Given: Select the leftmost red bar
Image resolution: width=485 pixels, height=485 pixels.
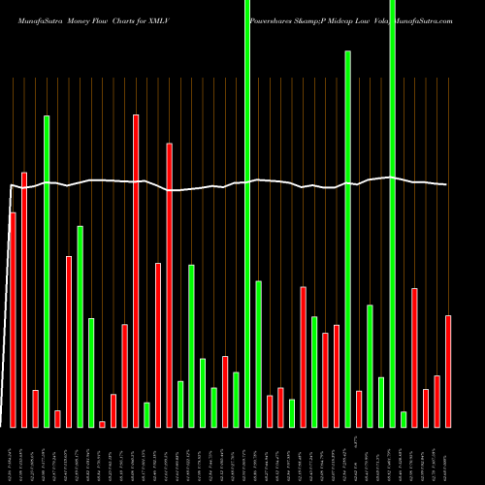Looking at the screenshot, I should point(13,319).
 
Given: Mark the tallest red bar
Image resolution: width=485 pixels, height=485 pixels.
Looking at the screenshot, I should point(136,271).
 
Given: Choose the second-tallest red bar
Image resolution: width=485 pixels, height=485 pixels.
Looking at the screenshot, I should point(170,285).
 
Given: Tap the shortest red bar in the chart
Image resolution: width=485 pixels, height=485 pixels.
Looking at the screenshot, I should point(102,424).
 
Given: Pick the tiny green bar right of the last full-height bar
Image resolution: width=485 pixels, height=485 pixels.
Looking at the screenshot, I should point(404,419).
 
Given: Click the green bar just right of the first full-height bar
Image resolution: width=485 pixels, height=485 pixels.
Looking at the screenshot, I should point(258,354).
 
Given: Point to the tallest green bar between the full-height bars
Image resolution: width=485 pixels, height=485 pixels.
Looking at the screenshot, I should point(347,239).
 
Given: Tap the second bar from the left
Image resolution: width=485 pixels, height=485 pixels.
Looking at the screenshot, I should point(24,300).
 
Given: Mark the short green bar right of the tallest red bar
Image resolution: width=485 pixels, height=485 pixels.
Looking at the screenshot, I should point(146,414).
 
